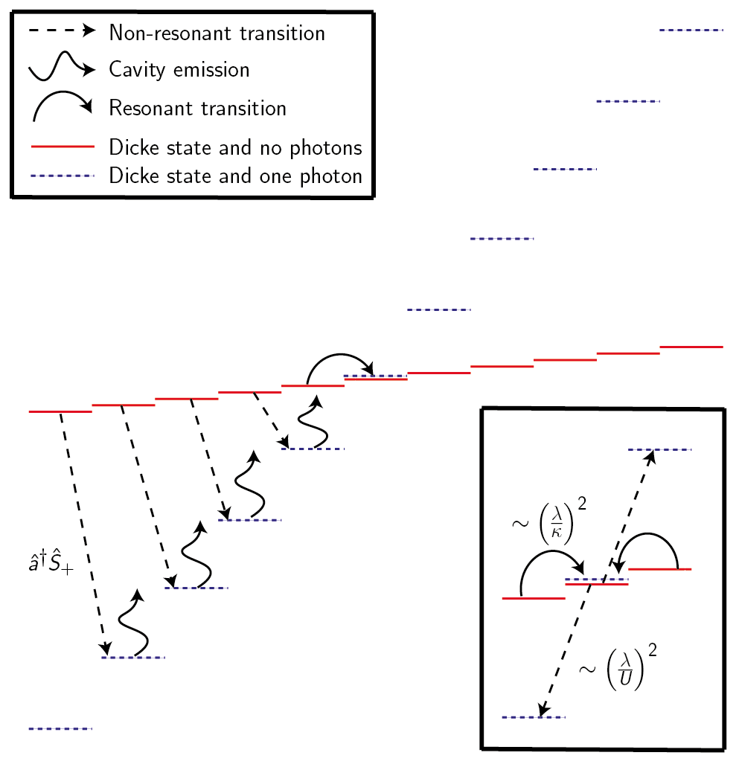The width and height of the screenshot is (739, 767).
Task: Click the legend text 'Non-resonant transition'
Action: click(x=217, y=33)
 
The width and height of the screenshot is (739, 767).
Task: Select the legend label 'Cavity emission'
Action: click(x=179, y=70)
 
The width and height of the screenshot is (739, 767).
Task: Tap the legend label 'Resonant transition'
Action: click(x=197, y=108)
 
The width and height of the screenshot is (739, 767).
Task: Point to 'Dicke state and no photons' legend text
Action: click(x=235, y=147)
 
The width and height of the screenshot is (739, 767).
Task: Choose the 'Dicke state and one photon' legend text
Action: click(x=235, y=176)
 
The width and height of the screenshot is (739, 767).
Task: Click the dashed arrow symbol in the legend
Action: click(x=62, y=31)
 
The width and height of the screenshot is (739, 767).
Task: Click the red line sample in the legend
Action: click(x=62, y=147)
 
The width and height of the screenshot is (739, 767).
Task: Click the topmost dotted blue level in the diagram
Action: click(x=691, y=31)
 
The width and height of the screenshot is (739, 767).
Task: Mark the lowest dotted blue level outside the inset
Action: click(x=60, y=729)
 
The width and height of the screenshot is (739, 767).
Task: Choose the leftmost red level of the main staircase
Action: click(x=60, y=411)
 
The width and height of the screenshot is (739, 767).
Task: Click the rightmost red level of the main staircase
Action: click(x=691, y=347)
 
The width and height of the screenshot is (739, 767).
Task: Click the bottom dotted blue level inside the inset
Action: click(x=534, y=717)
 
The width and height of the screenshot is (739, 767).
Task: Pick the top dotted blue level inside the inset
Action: click(x=660, y=449)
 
